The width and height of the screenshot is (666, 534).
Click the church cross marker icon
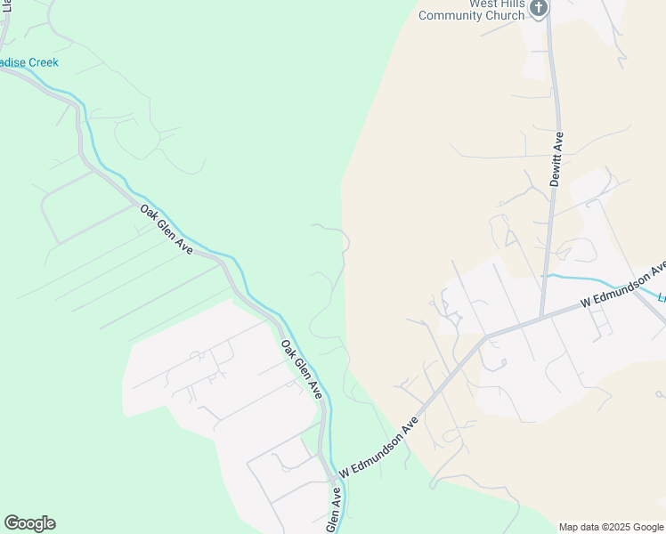tap(538, 8)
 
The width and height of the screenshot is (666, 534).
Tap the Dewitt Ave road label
tap(557, 158)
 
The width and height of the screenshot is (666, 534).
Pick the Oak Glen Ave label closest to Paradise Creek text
tap(166, 230)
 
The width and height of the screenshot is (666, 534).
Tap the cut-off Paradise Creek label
tap(29, 62)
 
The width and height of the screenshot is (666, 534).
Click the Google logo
tap(29, 523)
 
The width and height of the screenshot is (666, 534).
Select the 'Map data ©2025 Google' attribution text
tap(610, 527)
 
